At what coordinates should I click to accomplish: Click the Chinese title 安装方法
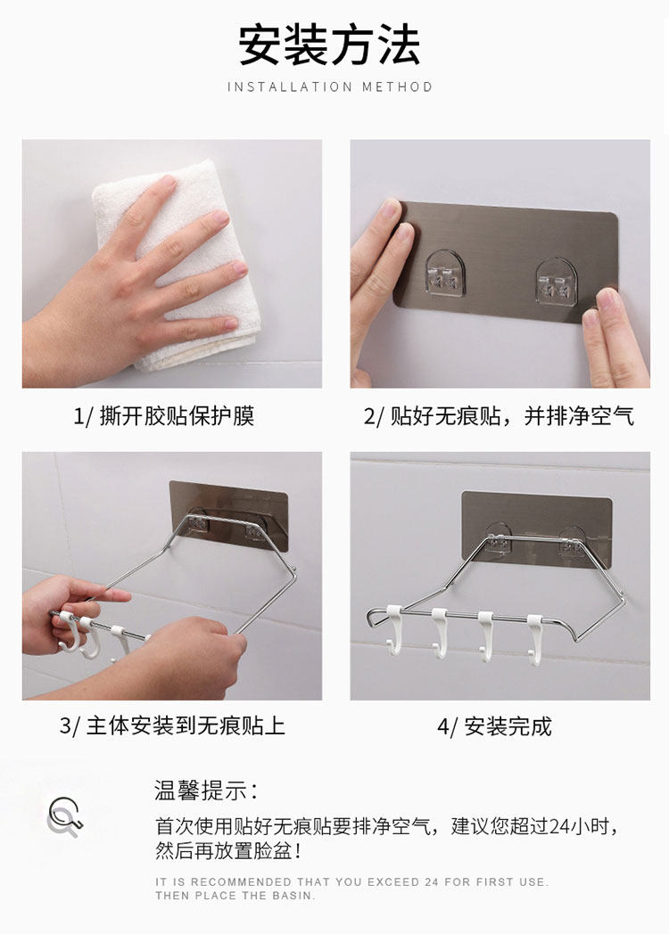(x=329, y=45)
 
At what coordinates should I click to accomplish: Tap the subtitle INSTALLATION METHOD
(x=330, y=87)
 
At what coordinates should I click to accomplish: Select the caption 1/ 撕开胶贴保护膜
(x=164, y=416)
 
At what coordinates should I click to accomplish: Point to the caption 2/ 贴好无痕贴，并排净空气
(x=499, y=416)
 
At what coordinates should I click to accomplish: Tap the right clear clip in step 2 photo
(x=558, y=281)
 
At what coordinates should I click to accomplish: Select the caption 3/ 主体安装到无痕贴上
(x=172, y=726)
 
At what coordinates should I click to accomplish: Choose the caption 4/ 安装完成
(x=495, y=726)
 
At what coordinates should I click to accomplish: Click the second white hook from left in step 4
(x=440, y=634)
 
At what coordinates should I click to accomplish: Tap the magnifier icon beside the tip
(x=64, y=816)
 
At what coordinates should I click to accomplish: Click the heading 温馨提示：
(x=207, y=791)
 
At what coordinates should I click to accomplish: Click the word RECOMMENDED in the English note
(x=241, y=881)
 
